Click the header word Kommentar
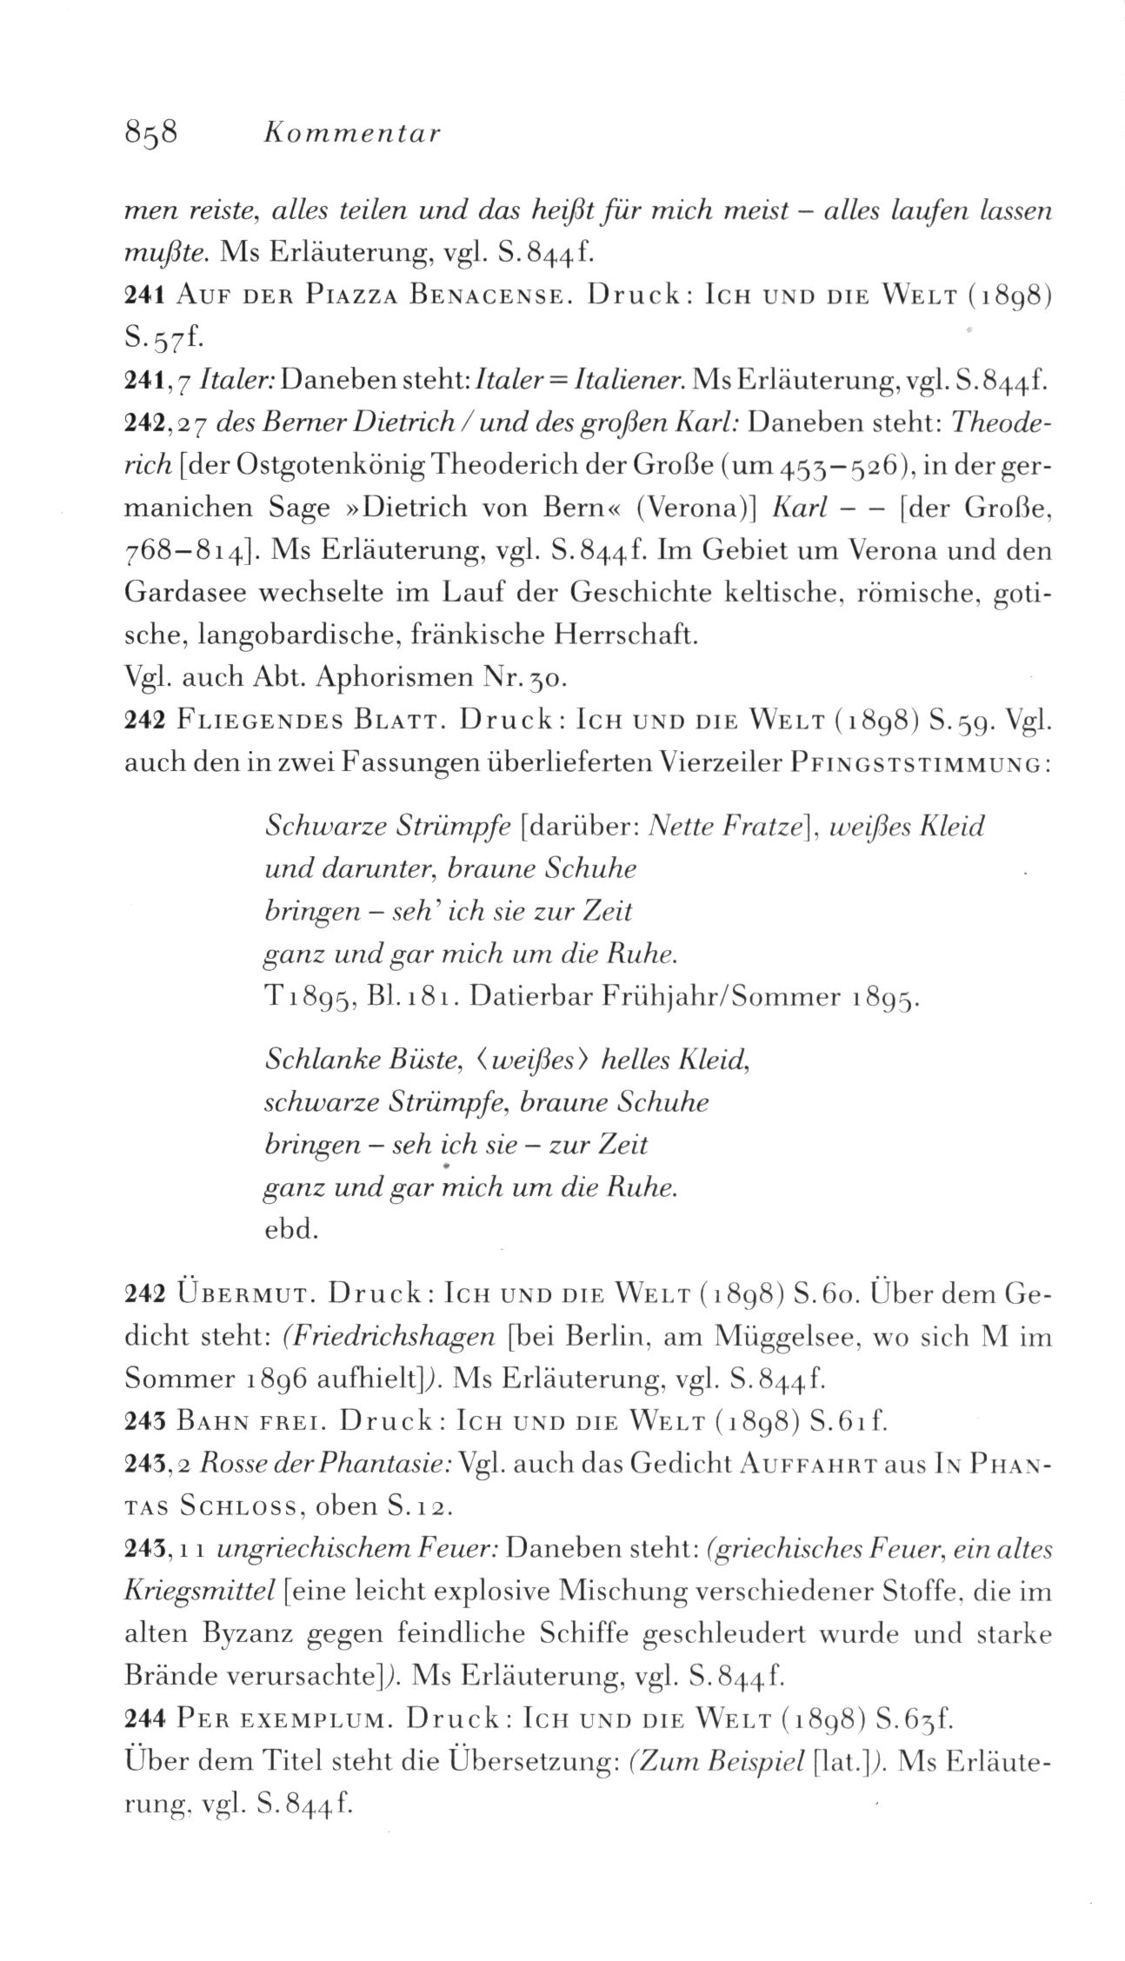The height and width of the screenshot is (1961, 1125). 353,134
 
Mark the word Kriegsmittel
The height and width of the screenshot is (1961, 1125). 201,1592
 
